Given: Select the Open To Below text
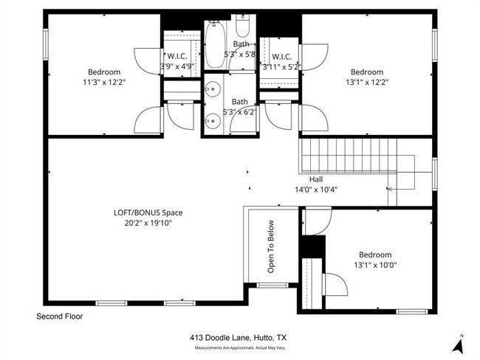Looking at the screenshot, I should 271,246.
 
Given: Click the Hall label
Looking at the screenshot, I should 315,179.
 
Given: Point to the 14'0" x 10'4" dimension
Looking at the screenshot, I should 315,188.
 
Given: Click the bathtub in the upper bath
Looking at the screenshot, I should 216,44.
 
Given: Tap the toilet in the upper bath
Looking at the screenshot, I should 243,30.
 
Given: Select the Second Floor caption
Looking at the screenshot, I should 60,316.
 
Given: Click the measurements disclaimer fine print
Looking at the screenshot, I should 239,347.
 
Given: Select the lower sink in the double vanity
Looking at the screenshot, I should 212,117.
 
